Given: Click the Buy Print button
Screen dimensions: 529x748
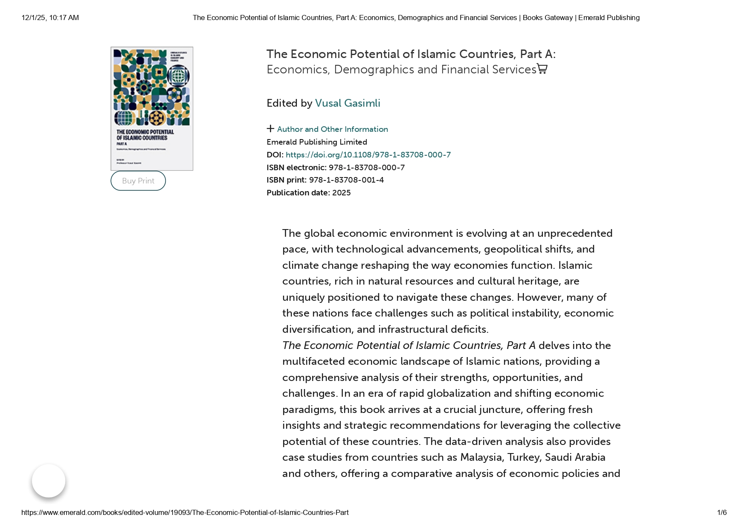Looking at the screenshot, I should tap(138, 181).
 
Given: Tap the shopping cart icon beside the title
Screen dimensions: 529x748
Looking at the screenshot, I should tap(542, 69).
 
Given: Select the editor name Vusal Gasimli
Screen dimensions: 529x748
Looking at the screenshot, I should tap(348, 103).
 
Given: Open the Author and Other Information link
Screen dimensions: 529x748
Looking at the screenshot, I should tap(332, 129).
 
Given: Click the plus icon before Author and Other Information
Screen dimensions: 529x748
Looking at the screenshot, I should tap(270, 129).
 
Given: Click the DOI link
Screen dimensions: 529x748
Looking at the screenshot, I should tap(368, 155).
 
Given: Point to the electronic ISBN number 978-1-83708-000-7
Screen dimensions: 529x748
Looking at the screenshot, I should tap(367, 168).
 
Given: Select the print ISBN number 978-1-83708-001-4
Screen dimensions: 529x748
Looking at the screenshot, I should tap(346, 180).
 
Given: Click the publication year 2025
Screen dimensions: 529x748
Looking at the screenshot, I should tap(341, 193).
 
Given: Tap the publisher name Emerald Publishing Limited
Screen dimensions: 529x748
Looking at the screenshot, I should tap(317, 142).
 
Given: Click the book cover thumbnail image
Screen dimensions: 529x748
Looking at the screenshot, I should tap(152, 109).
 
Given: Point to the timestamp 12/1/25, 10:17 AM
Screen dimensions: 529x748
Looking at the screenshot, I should tap(50, 18).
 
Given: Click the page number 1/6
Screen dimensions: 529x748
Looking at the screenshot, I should tap(722, 513).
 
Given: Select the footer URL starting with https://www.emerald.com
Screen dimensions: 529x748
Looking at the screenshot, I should tap(185, 513).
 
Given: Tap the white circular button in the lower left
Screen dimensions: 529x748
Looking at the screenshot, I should tap(49, 481).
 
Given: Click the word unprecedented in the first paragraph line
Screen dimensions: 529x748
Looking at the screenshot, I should tap(574, 233).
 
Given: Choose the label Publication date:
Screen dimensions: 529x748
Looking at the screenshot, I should tap(298, 193).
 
